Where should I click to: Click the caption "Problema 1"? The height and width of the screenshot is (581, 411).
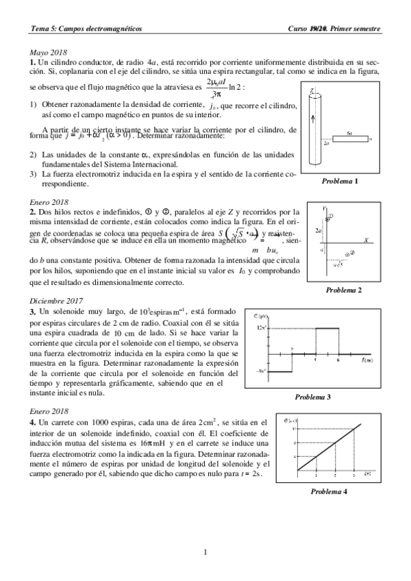click(x=340, y=181)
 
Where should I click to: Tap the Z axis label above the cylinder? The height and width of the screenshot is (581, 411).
click(x=311, y=90)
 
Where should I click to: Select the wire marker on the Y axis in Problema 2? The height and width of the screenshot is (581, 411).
click(x=329, y=217)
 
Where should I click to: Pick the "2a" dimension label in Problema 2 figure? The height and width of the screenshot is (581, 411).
click(x=319, y=231)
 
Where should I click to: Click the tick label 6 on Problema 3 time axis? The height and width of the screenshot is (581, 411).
click(x=338, y=360)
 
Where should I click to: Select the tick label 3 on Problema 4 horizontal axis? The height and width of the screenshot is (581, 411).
click(x=353, y=475)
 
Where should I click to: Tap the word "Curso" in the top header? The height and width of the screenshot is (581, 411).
click(x=299, y=29)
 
